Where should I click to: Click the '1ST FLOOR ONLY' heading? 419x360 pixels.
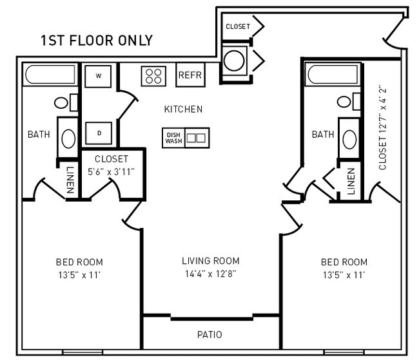coord(96,41)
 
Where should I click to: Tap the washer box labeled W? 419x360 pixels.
coord(99,76)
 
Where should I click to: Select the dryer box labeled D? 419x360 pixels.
coord(99,133)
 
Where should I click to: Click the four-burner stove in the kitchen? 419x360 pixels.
coord(153,76)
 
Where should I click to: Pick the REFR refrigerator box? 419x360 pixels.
coord(190,75)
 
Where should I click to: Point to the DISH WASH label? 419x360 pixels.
coord(173,137)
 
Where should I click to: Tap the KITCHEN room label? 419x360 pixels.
coord(183,109)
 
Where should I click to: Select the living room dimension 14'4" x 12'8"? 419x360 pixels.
coord(210,273)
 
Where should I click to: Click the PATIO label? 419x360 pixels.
coord(209,335)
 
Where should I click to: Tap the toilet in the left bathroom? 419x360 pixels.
coord(64,102)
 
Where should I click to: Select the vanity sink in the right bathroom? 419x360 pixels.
coord(349,138)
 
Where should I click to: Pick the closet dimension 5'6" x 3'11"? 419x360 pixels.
coord(112,171)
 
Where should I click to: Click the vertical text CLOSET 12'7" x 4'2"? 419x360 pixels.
coord(382,128)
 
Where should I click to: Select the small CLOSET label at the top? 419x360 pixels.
coord(237,26)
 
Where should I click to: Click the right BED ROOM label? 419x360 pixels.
coord(344,262)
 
